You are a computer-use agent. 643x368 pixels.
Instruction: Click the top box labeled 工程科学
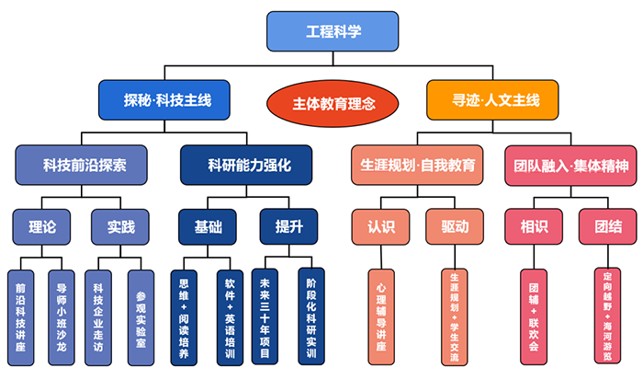click(x=333, y=31)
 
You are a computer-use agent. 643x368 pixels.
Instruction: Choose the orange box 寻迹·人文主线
click(x=494, y=100)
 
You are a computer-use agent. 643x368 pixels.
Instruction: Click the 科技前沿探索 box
click(x=83, y=166)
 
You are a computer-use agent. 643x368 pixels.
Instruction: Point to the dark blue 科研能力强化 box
click(x=246, y=166)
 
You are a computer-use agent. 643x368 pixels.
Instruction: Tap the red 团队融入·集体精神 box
click(x=570, y=166)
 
